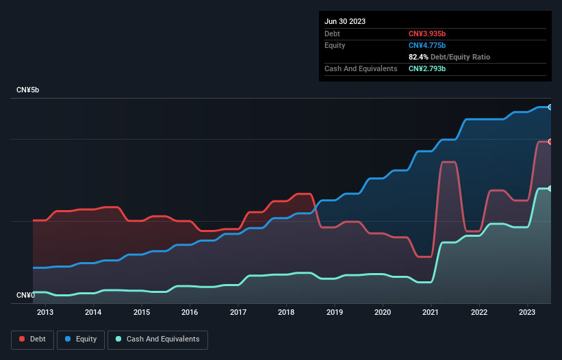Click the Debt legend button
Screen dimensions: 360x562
[x=32, y=339]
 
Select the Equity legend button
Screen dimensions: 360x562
[x=81, y=339]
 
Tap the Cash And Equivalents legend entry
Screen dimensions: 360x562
[x=157, y=339]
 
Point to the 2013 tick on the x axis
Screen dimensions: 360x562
[x=45, y=313]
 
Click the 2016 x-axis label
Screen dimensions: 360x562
[x=190, y=313]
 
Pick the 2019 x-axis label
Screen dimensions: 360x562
[x=335, y=313]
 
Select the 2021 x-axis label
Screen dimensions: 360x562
[x=431, y=313]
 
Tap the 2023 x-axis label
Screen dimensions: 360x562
[x=528, y=313]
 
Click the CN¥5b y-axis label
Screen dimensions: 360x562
[x=28, y=90]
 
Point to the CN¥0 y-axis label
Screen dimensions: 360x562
[x=25, y=295]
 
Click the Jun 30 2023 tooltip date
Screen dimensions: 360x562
[x=345, y=21]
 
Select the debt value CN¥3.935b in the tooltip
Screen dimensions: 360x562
[x=427, y=34]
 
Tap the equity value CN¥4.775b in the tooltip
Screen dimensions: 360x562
[x=427, y=45]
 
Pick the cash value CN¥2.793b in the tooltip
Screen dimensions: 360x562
[x=427, y=68]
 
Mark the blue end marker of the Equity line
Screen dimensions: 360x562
[x=550, y=107]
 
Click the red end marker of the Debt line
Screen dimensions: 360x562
[x=550, y=142]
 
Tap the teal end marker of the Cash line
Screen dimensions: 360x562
[x=550, y=188]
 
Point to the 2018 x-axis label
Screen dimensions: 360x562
[x=286, y=313]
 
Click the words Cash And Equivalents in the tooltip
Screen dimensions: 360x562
[x=361, y=68]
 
